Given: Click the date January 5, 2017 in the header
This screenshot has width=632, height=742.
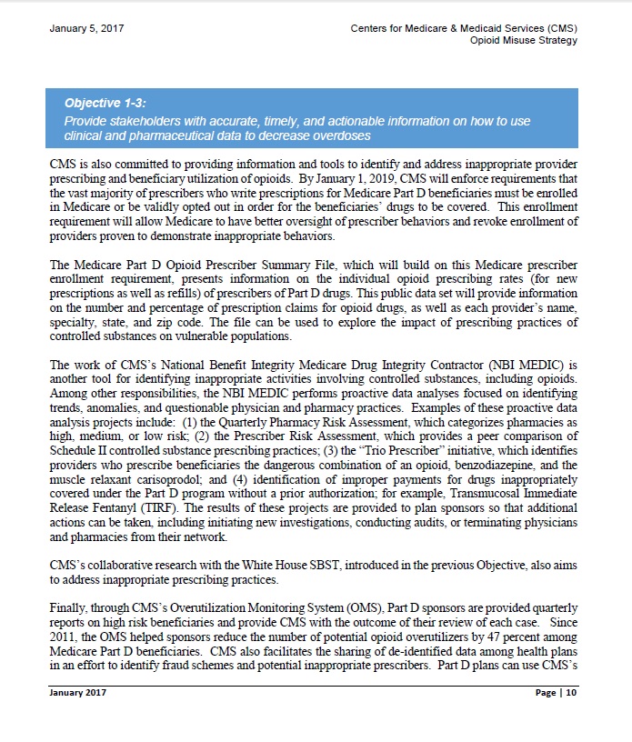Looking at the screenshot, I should (x=87, y=29).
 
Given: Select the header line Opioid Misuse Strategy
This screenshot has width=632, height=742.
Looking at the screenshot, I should (x=524, y=41).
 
